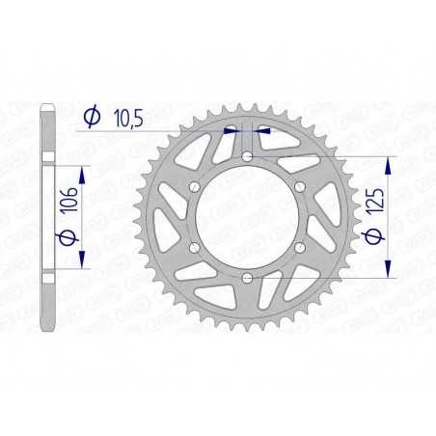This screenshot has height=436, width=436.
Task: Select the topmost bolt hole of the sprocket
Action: pyautogui.click(x=247, y=154)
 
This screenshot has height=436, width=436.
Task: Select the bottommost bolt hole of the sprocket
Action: pyautogui.click(x=247, y=278)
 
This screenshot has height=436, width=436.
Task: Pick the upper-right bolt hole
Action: pyautogui.click(x=300, y=185)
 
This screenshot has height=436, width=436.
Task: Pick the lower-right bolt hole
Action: pyautogui.click(x=300, y=247)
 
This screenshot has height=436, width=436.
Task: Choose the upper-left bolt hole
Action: pyautogui.click(x=194, y=185)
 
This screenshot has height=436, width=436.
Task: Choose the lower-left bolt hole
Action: pyautogui.click(x=194, y=247)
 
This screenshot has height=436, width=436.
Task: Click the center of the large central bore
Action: pyautogui.click(x=247, y=216)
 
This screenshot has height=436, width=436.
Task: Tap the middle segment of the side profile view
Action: pyautogui.click(x=47, y=216)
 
